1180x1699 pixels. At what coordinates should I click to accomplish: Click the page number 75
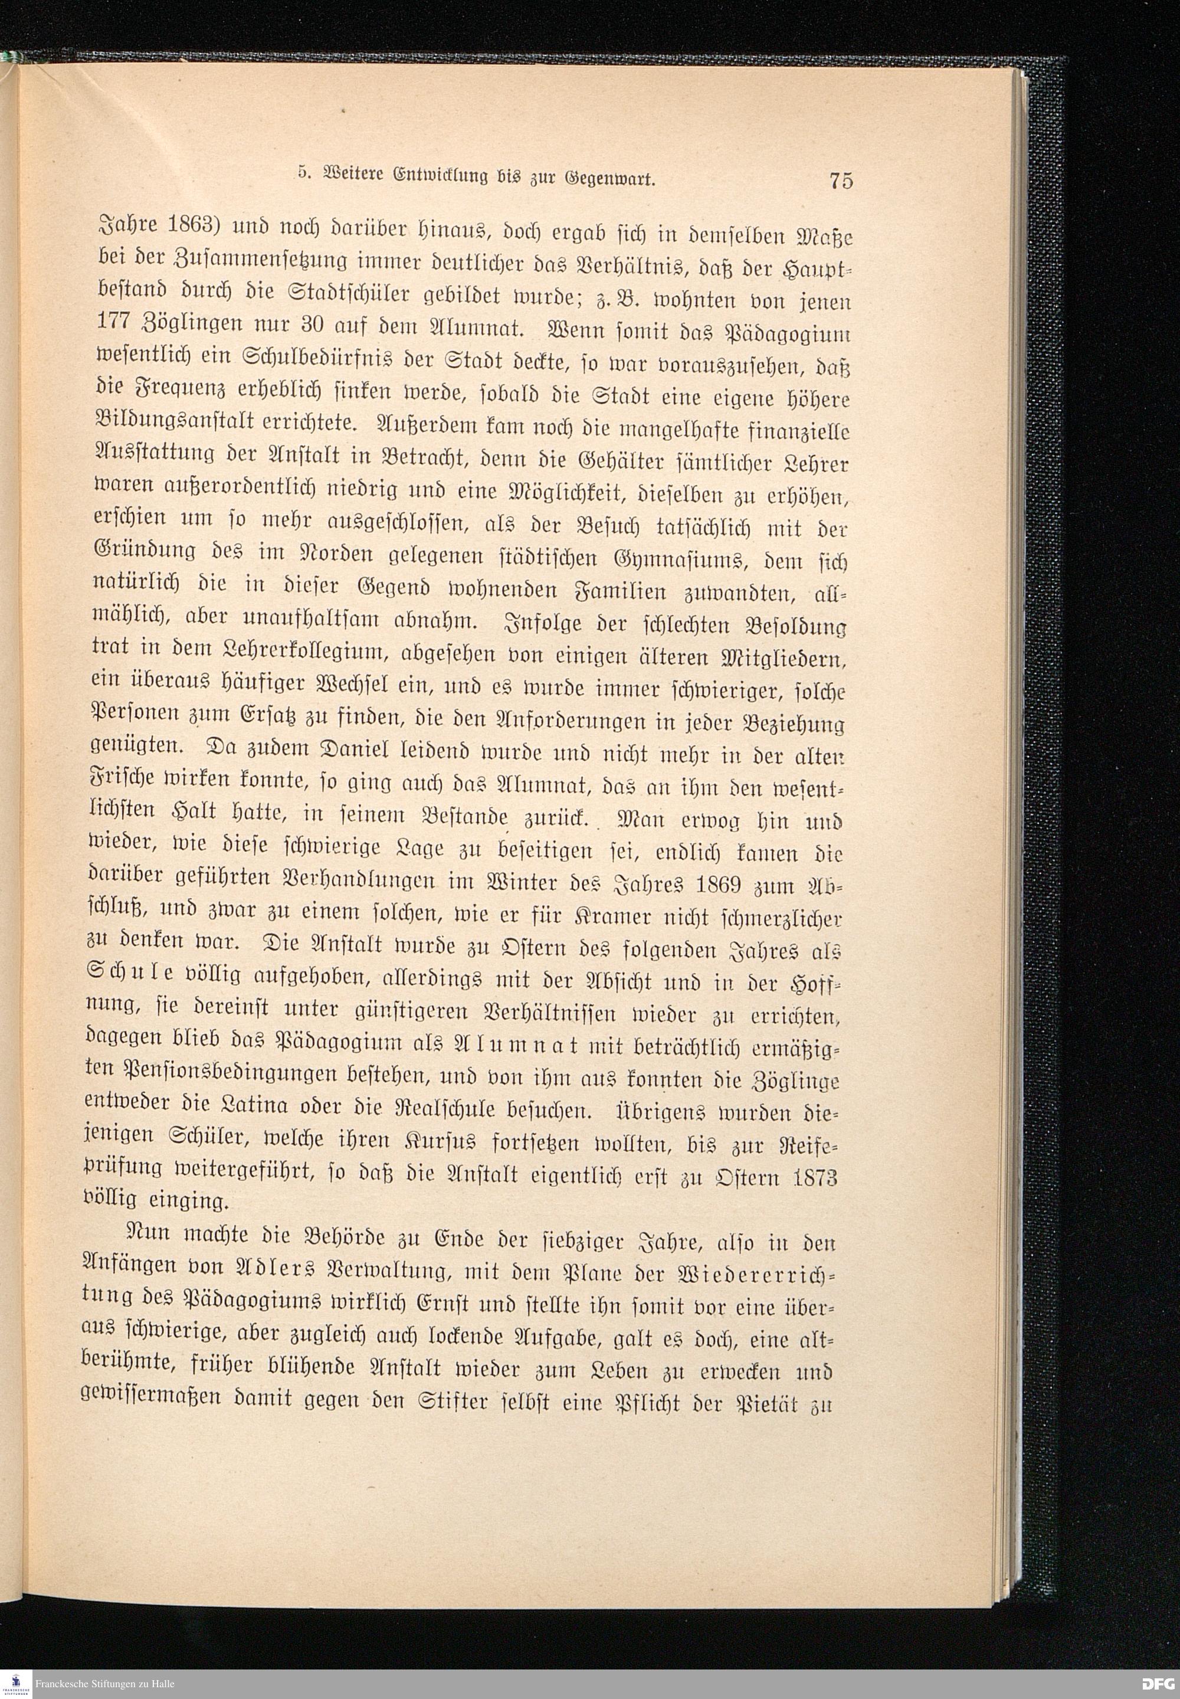841,181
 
